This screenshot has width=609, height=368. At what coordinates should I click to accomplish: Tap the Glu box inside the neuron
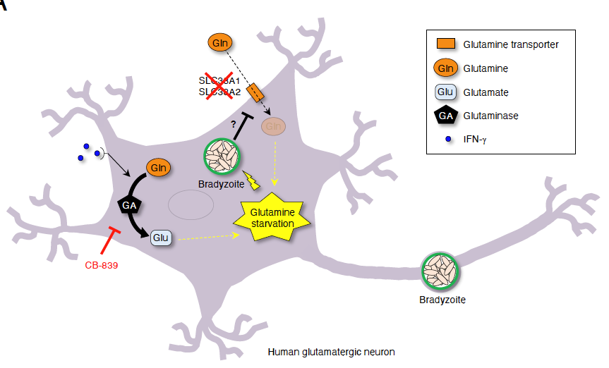coord(161,238)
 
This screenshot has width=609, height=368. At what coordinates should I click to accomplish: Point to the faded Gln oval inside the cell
coord(275,127)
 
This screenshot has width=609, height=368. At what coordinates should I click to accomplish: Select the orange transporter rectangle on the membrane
coord(256,93)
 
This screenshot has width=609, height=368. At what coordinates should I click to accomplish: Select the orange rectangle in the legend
coord(445,44)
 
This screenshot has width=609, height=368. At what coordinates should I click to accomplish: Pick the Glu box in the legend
coord(445,92)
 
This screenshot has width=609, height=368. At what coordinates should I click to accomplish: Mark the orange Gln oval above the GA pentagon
coord(157,168)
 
